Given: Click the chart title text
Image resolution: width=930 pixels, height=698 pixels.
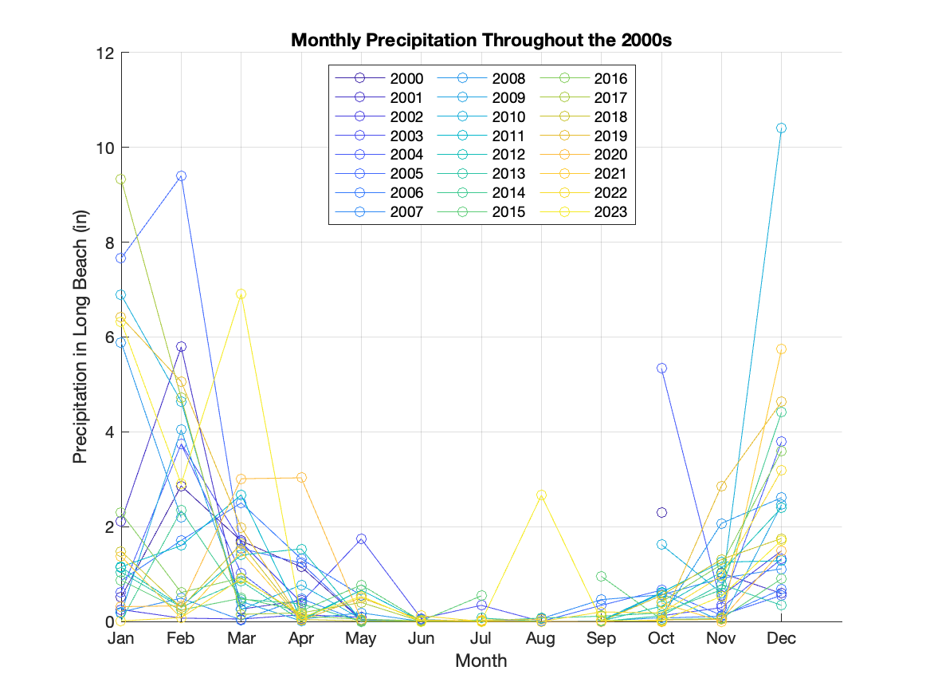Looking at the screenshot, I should [481, 41].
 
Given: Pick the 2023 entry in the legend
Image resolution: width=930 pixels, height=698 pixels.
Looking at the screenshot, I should [610, 212].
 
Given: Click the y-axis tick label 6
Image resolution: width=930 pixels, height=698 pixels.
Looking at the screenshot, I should [109, 337].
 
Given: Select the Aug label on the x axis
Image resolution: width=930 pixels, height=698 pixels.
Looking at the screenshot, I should [541, 638].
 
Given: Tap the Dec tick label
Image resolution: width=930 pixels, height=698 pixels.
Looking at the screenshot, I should [781, 638].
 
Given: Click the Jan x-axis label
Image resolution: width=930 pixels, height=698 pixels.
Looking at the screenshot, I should [121, 638].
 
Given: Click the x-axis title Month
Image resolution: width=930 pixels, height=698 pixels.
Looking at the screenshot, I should [481, 661].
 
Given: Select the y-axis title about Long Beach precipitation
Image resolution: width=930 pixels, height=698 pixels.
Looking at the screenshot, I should [80, 337].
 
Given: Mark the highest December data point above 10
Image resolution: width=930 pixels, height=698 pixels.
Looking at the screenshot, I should [781, 128].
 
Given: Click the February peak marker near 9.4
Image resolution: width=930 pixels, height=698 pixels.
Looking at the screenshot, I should [181, 175].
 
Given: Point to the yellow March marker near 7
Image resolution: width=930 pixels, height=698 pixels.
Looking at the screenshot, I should [241, 294].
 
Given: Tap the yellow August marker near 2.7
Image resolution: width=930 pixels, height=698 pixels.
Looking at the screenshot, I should [541, 495].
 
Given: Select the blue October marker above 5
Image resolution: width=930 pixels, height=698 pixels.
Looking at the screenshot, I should [661, 368].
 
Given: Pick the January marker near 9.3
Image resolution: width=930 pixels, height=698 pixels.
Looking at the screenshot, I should [121, 179].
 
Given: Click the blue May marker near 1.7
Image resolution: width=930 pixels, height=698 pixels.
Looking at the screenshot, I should [361, 538].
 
